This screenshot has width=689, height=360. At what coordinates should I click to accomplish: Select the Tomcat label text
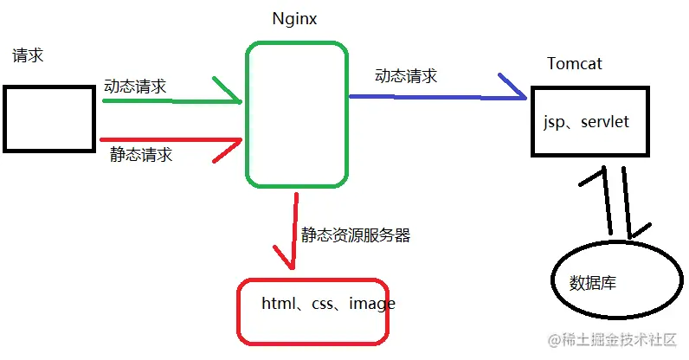575,64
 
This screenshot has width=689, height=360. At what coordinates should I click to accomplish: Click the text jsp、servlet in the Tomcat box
585,124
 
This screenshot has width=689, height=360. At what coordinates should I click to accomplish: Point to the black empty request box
48,119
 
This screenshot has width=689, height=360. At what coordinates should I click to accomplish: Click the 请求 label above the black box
28,56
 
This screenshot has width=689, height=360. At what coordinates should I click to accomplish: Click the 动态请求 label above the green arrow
135,87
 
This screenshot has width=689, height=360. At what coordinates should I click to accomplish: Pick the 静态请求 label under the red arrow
141,155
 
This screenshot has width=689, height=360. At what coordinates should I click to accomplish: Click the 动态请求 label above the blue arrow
406,76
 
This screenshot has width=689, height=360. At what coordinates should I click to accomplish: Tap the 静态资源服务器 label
355,235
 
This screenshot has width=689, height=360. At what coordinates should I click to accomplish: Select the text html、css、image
328,304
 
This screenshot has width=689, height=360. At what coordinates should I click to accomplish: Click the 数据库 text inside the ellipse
593,283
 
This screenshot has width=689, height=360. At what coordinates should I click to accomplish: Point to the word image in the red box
372,304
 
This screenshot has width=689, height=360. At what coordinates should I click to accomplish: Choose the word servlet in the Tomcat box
606,124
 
